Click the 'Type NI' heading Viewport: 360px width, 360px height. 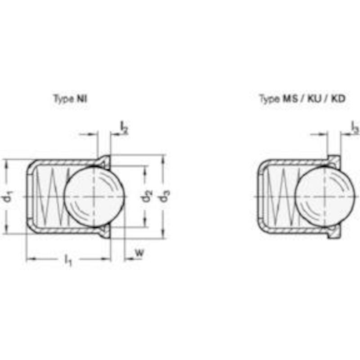click(70, 99)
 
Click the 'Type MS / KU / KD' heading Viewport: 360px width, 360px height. click(302, 99)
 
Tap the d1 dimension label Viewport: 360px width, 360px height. click(8, 197)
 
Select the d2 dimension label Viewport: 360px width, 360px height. click(147, 196)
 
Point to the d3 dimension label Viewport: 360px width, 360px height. click(165, 196)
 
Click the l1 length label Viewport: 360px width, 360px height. click(68, 260)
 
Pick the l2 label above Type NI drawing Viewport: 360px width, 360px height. click(124, 128)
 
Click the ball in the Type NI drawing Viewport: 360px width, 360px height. click(94, 197)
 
